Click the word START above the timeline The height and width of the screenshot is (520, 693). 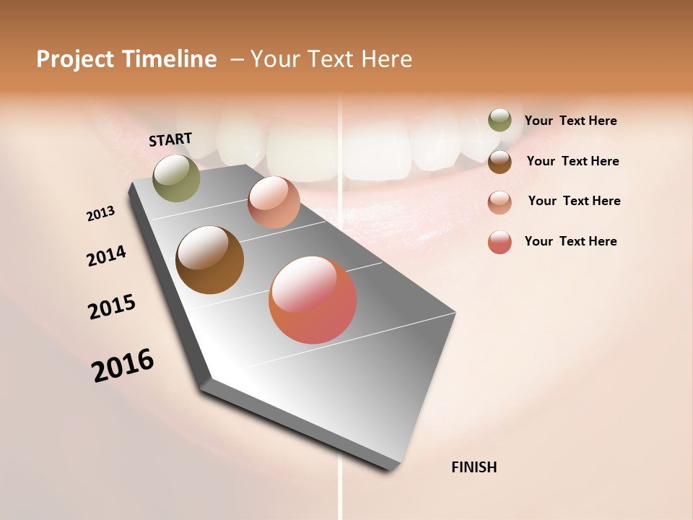pos(170,139)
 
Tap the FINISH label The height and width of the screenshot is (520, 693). pos(474,467)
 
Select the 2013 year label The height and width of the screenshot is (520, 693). pos(101,214)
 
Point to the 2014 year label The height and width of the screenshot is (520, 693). pos(107,256)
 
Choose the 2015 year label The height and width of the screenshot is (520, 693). pos(112,307)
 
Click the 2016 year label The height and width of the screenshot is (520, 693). pos(123,365)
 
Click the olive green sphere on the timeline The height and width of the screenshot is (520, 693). pos(176,178)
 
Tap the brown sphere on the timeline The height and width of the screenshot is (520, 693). pos(209,260)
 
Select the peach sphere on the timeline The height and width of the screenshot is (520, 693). pos(274,202)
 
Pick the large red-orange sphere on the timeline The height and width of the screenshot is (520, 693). pos(313,300)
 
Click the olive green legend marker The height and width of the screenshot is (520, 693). pos(500,120)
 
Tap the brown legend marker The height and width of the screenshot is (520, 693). pos(500,161)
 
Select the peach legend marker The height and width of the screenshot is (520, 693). pos(500,201)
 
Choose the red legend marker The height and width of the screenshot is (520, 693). pos(500,242)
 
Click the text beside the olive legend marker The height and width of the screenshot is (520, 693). pos(570,121)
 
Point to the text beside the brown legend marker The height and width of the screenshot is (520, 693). pos(572,161)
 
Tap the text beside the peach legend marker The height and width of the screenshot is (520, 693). pos(574,201)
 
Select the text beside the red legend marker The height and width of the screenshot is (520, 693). pos(570,241)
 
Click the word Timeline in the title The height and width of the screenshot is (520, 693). pos(169,59)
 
